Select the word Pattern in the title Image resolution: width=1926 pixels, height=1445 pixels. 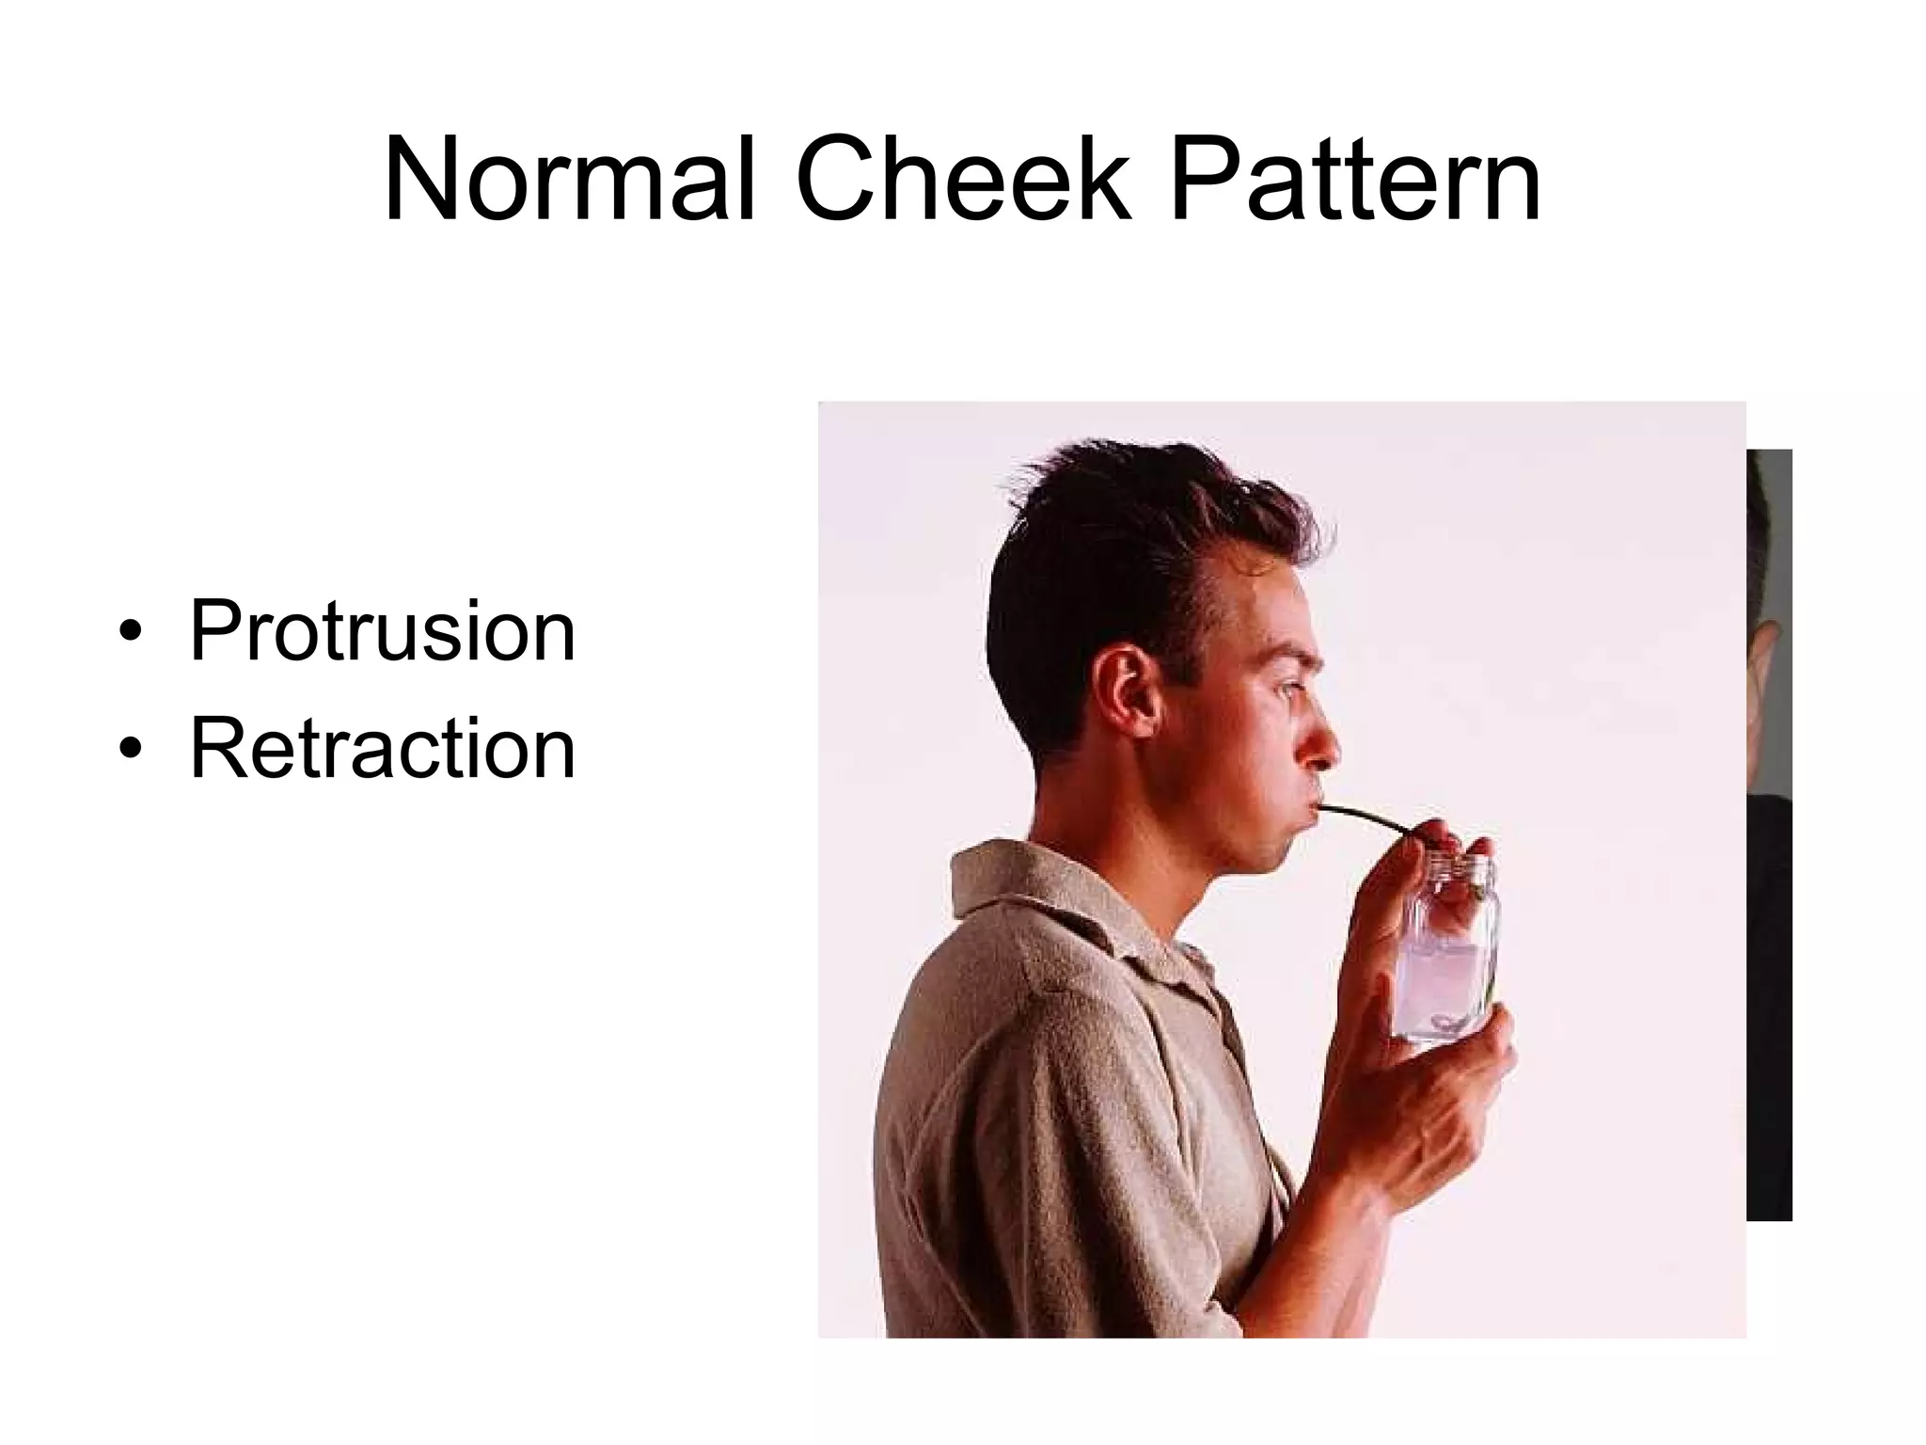pyautogui.click(x=1354, y=181)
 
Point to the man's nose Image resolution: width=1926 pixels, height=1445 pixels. pyautogui.click(x=1321, y=743)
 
